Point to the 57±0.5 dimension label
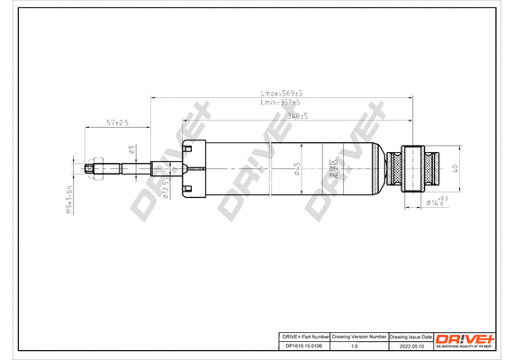pos(118,121)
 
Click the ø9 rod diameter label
pos(131,150)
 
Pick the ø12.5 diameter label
pos(166,187)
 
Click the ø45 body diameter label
pos(297,168)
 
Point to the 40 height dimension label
pos(456,167)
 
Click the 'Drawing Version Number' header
pos(359,335)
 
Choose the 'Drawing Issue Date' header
pos(410,335)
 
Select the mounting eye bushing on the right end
pos(414,167)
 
